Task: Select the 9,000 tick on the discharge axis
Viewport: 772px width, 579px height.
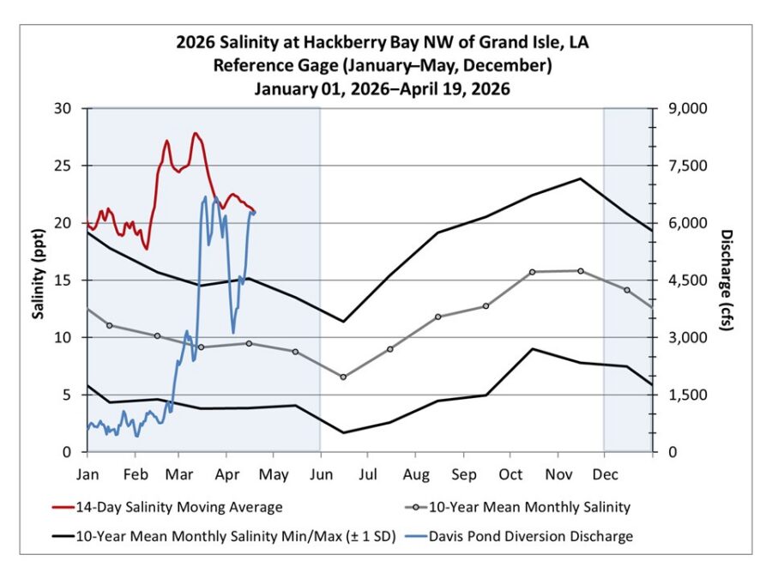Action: coord(683,109)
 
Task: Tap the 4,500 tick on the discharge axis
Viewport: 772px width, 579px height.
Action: coord(683,280)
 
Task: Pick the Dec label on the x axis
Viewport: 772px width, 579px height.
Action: coord(605,473)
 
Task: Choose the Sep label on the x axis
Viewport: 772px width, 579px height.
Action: coord(463,473)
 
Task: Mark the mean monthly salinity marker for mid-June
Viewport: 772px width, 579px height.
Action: coord(343,377)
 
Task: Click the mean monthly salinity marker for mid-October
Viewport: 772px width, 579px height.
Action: coord(533,272)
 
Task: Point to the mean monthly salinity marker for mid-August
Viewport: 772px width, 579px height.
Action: coord(437,317)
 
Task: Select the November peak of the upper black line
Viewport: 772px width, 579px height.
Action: coord(581,178)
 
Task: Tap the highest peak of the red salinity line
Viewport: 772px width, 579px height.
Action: coord(195,133)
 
